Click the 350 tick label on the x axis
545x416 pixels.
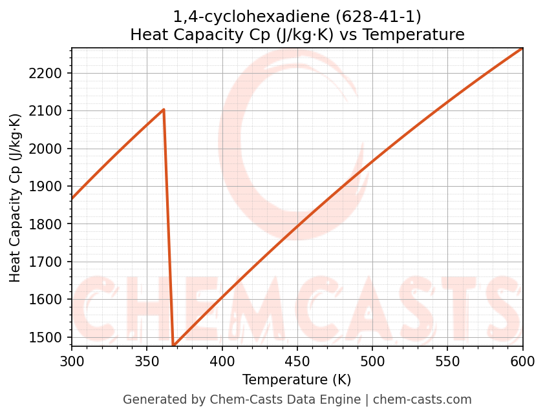point(147,361)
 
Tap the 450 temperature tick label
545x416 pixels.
point(297,361)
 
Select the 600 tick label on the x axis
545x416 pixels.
point(522,361)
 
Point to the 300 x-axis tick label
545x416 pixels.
point(72,361)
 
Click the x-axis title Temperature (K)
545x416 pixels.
point(297,380)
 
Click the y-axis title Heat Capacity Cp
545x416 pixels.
point(16,198)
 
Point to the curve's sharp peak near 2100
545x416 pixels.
point(164,109)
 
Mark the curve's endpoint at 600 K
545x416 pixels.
point(522,48)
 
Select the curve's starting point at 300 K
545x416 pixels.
point(72,199)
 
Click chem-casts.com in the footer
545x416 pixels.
point(422,400)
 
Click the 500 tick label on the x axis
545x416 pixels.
point(372,361)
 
